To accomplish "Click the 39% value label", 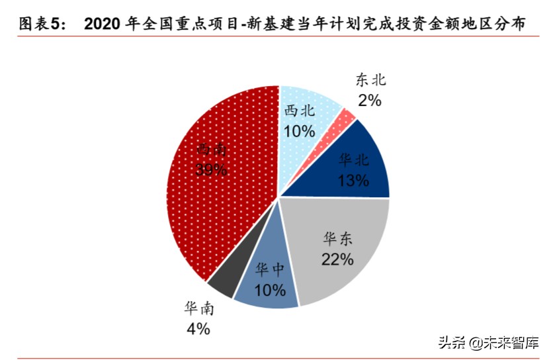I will (x=212, y=169).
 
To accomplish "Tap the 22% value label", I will (x=337, y=259).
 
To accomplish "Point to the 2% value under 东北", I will (x=370, y=101).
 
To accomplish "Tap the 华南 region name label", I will (x=199, y=309).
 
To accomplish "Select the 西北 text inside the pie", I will (x=300, y=111).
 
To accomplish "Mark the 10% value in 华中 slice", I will (x=269, y=290).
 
